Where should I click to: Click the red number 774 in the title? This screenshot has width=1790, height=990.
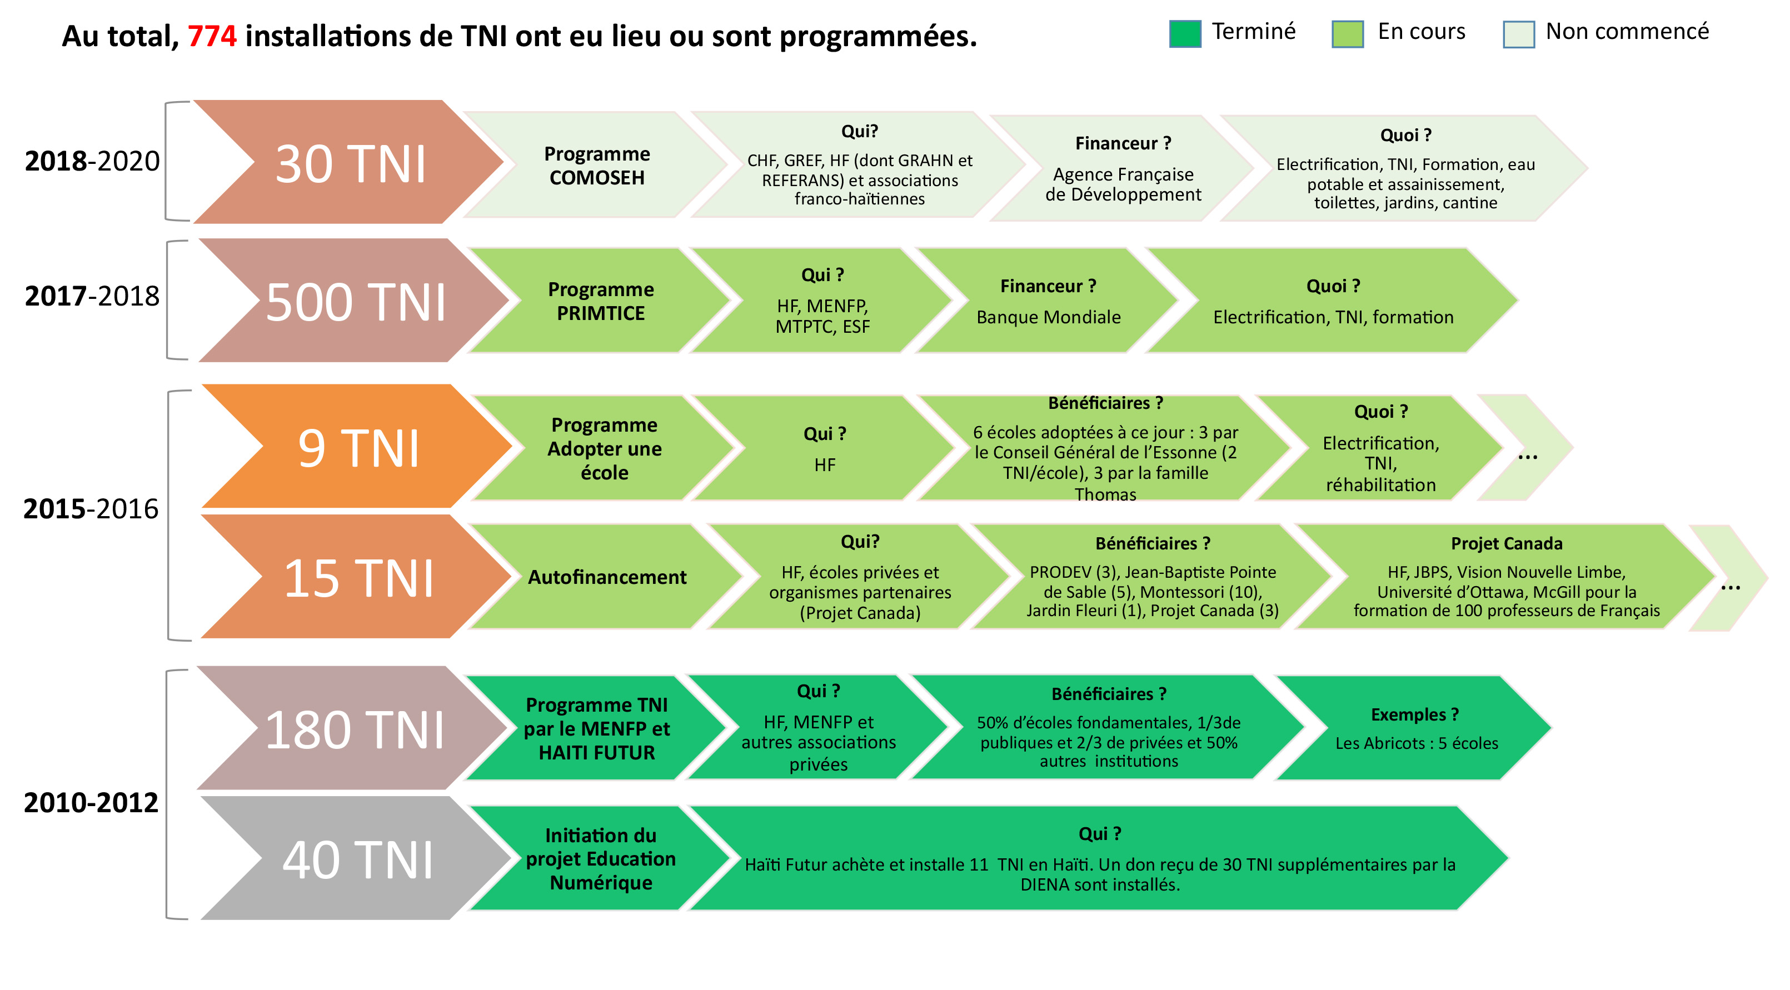(212, 36)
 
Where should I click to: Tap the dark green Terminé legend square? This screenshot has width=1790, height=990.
(1185, 33)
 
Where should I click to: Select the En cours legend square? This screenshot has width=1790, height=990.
(1348, 33)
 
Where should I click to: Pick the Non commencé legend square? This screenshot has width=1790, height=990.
(1518, 33)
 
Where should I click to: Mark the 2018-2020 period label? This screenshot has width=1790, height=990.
(92, 161)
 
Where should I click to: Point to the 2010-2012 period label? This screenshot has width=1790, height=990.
(91, 803)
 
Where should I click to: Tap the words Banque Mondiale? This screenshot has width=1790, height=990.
(1049, 317)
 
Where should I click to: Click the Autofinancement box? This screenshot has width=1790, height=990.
(607, 577)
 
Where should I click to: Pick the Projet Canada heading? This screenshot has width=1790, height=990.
(1507, 543)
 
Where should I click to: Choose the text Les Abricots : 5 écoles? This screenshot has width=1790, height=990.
(1416, 743)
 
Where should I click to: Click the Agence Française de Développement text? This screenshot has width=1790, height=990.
(1123, 184)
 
